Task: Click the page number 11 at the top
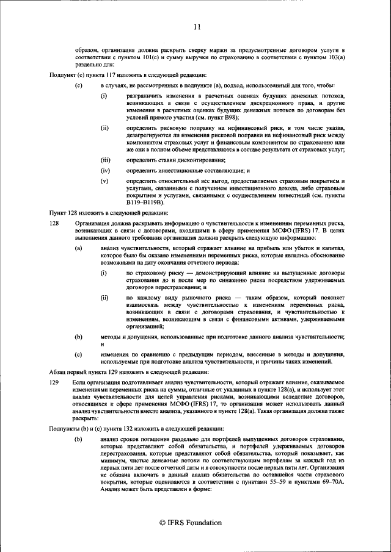[197, 26]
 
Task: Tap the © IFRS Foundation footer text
[190, 523]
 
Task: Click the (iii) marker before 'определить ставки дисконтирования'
[105, 160]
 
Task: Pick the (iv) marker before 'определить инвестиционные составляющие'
[105, 171]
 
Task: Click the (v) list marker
[104, 181]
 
